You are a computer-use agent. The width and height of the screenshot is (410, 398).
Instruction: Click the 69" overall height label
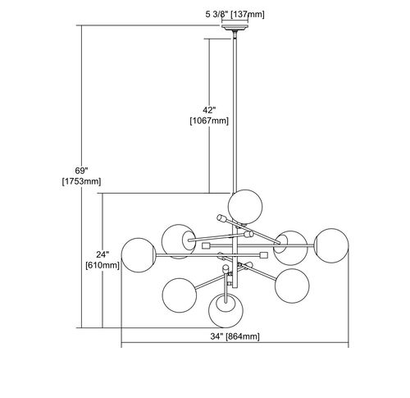(81, 171)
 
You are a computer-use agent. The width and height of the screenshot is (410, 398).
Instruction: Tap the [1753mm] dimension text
(81, 181)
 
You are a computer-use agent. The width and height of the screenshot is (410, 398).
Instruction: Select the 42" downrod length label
(209, 110)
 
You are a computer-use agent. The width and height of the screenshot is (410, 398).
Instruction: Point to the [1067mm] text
(209, 121)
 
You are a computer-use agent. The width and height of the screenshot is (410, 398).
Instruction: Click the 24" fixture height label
(102, 254)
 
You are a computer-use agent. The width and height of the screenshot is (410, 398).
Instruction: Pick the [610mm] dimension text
(102, 265)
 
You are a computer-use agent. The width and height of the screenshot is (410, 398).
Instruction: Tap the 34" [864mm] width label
(235, 336)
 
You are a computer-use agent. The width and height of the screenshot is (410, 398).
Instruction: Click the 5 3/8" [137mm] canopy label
(235, 15)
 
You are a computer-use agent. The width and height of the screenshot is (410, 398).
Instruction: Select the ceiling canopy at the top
(235, 27)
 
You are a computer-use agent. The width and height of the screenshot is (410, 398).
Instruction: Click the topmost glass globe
(245, 207)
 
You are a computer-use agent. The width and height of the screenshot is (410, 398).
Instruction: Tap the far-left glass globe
(139, 255)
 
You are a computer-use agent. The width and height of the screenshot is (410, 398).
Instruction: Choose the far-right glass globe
(331, 245)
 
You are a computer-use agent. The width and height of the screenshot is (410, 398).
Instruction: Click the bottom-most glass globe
(225, 310)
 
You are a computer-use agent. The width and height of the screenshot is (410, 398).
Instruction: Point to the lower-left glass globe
(180, 295)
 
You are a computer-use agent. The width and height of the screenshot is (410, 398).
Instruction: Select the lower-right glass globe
(292, 286)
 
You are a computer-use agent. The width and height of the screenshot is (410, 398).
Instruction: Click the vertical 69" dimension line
(82, 176)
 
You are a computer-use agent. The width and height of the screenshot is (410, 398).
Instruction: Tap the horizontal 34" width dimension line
(235, 342)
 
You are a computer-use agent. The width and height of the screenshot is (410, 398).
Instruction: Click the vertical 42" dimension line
(209, 116)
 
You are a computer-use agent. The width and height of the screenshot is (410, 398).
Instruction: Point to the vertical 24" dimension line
(102, 260)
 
